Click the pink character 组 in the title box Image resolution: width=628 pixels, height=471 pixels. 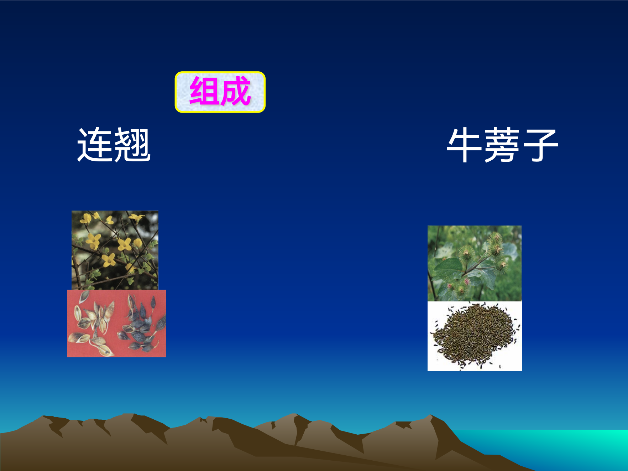click(x=204, y=91)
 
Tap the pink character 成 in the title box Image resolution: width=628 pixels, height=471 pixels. click(x=236, y=91)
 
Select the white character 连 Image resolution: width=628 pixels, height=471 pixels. click(x=95, y=145)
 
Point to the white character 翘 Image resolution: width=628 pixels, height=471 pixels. click(x=132, y=145)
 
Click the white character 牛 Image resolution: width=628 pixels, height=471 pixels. click(x=465, y=145)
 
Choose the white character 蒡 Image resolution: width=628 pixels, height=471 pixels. click(x=502, y=145)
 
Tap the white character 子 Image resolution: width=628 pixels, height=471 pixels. click(x=539, y=145)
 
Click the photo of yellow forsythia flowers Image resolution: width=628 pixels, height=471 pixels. click(x=115, y=250)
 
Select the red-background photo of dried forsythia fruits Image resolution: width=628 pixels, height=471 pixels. click(x=116, y=324)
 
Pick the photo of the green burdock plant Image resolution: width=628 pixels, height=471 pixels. click(x=475, y=263)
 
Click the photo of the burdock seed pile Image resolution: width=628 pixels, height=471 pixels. click(x=475, y=336)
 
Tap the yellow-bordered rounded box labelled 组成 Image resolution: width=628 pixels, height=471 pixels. click(x=220, y=92)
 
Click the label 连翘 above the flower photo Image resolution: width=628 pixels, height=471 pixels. click(x=114, y=145)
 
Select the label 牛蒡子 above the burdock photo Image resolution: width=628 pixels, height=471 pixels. click(x=502, y=145)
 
